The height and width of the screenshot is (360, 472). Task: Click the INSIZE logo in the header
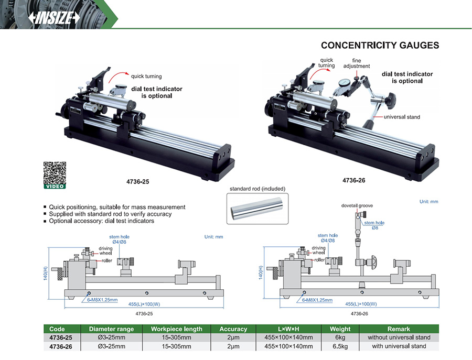click(55, 17)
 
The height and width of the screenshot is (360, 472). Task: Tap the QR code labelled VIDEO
click(54, 173)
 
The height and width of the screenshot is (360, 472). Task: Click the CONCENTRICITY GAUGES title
click(380, 45)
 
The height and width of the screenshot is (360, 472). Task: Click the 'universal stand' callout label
click(402, 117)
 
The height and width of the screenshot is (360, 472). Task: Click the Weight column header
click(340, 329)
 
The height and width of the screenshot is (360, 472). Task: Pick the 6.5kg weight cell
click(340, 346)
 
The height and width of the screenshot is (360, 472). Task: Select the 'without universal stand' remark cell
click(401, 337)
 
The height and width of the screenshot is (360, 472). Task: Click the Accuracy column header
click(233, 329)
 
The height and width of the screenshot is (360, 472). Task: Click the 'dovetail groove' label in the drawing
click(357, 206)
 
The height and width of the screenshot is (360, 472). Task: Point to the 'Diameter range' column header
click(111, 329)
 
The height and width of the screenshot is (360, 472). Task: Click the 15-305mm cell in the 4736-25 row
click(176, 337)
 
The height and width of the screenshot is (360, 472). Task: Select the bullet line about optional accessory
click(101, 221)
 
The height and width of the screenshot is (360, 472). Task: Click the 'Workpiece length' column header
click(176, 329)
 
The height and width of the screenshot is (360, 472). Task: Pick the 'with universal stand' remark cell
click(401, 346)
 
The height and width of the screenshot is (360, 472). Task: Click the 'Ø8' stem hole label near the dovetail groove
click(376, 228)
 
